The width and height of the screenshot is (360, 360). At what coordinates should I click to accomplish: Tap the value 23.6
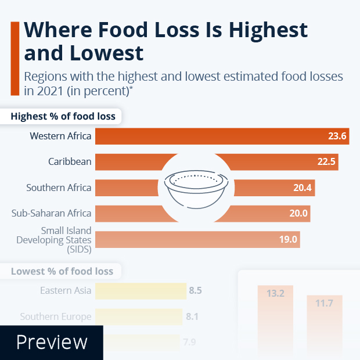click(337, 136)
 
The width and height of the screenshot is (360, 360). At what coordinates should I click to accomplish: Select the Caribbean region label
click(70, 162)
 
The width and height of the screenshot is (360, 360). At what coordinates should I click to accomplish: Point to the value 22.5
click(327, 162)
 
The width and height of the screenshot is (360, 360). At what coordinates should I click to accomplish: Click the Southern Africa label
click(59, 188)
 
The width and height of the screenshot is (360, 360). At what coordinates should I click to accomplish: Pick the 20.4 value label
click(303, 188)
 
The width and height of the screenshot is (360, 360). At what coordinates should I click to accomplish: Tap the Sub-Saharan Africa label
click(52, 213)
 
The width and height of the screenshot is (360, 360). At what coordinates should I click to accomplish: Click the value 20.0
click(298, 213)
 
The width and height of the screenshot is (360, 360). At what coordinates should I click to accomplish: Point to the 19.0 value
click(289, 239)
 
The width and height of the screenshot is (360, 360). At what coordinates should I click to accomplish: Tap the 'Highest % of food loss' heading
click(63, 116)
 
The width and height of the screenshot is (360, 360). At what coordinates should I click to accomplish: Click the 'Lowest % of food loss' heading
click(62, 271)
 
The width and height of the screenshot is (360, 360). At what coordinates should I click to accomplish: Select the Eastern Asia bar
click(139, 290)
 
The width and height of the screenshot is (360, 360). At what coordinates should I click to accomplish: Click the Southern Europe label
click(56, 317)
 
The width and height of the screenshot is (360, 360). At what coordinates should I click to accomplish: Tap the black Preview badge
click(52, 342)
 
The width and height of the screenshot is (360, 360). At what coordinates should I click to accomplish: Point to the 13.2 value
click(275, 294)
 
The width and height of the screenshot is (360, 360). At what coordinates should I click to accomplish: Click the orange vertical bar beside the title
click(15, 58)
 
